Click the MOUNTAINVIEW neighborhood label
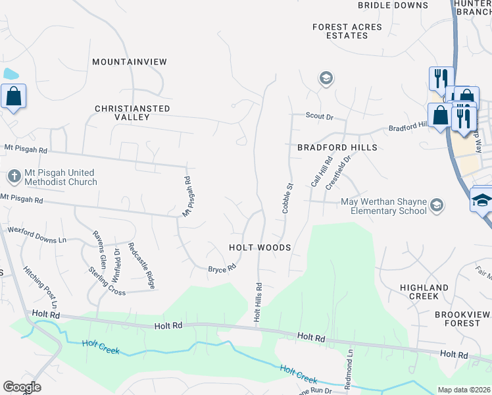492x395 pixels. (130, 62)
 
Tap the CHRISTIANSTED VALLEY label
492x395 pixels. (132, 113)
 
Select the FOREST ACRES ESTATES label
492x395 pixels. (347, 31)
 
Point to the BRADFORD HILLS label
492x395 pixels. (337, 147)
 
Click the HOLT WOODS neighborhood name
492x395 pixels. (259, 247)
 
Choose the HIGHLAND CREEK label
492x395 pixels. (424, 292)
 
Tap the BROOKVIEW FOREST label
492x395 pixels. (457, 319)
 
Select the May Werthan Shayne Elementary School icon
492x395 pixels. (435, 207)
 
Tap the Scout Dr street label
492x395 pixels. (320, 117)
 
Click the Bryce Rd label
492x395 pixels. (222, 269)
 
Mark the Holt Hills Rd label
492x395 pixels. (258, 302)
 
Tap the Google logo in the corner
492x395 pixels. (22, 387)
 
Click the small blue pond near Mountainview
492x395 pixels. (10, 74)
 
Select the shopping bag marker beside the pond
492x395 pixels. (13, 97)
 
